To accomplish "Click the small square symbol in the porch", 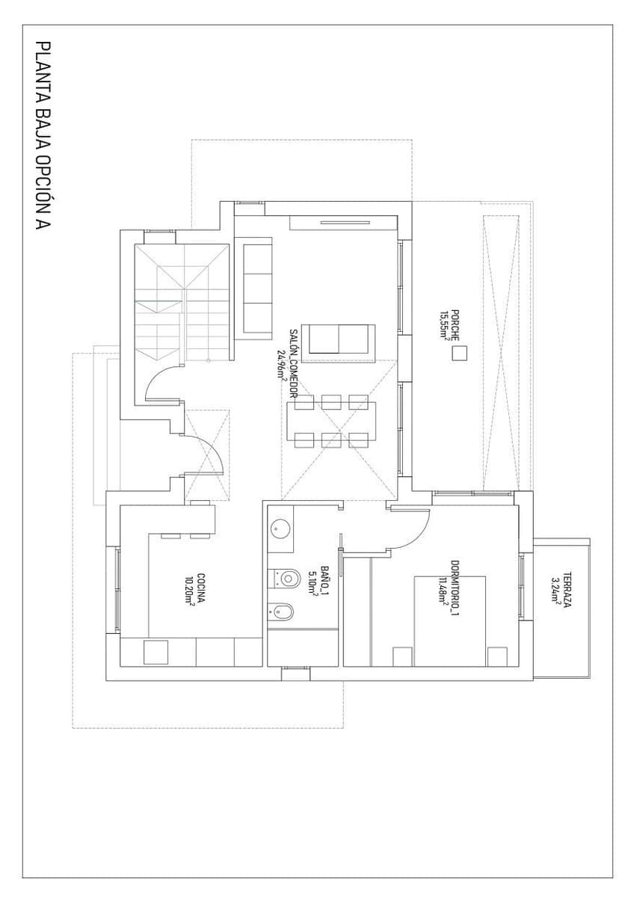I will (458, 354).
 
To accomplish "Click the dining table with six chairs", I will (332, 422).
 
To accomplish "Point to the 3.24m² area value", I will (555, 590).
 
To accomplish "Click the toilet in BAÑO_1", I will (283, 578).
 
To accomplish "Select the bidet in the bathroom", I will (282, 612).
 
